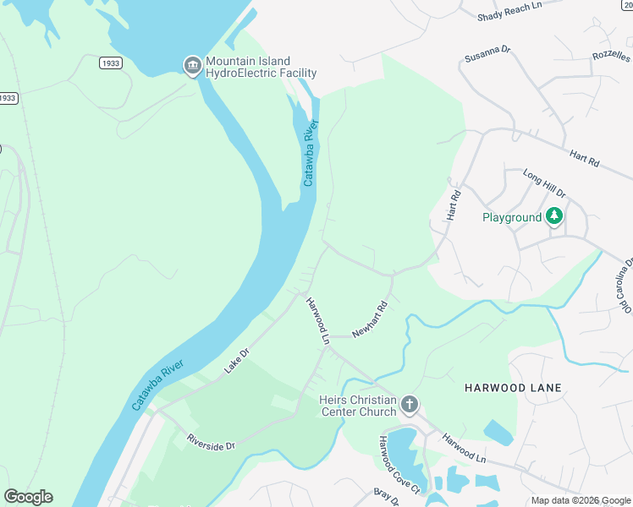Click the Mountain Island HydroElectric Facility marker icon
[193, 66]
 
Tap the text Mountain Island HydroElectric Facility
[248, 67]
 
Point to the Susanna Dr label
[487, 55]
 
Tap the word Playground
[511, 217]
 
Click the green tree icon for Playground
[554, 216]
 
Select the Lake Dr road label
[237, 362]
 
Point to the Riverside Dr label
[211, 442]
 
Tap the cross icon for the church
[409, 405]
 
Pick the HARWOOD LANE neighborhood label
[513, 388]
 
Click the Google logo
[28, 497]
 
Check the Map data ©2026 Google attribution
[580, 500]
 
